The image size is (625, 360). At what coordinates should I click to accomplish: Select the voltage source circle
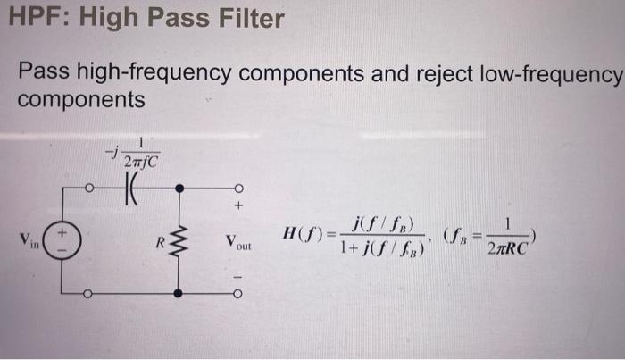63,240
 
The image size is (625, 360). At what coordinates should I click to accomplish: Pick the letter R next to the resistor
161,240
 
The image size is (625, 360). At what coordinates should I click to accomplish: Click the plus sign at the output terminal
238,207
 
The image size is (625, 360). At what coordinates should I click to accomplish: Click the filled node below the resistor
179,292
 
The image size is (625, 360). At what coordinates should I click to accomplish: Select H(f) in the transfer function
300,236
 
